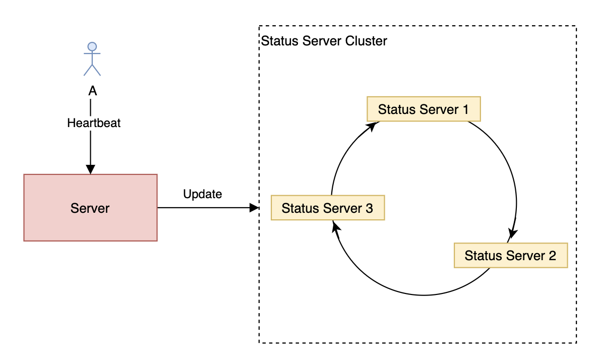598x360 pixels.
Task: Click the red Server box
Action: [90, 208]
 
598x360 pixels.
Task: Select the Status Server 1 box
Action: [424, 109]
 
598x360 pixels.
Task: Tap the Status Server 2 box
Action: [510, 255]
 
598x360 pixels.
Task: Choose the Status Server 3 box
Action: [328, 208]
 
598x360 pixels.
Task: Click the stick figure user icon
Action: [92, 59]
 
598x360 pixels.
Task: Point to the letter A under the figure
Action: [92, 91]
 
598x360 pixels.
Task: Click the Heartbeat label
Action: [94, 123]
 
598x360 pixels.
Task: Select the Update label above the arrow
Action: [203, 194]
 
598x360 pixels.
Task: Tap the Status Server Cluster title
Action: [324, 41]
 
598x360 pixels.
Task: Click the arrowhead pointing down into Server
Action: [91, 170]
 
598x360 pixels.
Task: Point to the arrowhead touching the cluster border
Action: [254, 207]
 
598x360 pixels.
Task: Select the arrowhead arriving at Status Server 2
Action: [513, 234]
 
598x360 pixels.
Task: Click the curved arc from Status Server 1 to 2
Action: [509, 171]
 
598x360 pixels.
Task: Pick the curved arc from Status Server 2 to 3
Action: [413, 294]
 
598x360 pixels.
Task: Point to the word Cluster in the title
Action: [366, 41]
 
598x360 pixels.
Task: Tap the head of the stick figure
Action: [92, 47]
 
